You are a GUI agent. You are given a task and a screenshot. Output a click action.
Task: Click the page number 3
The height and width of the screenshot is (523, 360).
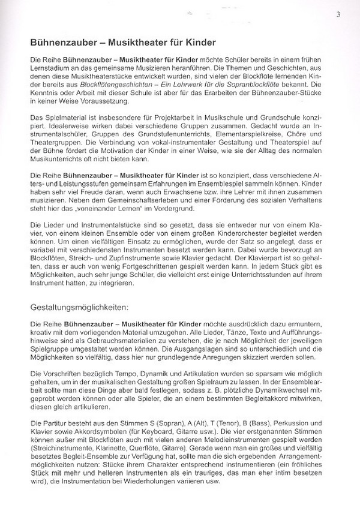click(339, 14)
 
